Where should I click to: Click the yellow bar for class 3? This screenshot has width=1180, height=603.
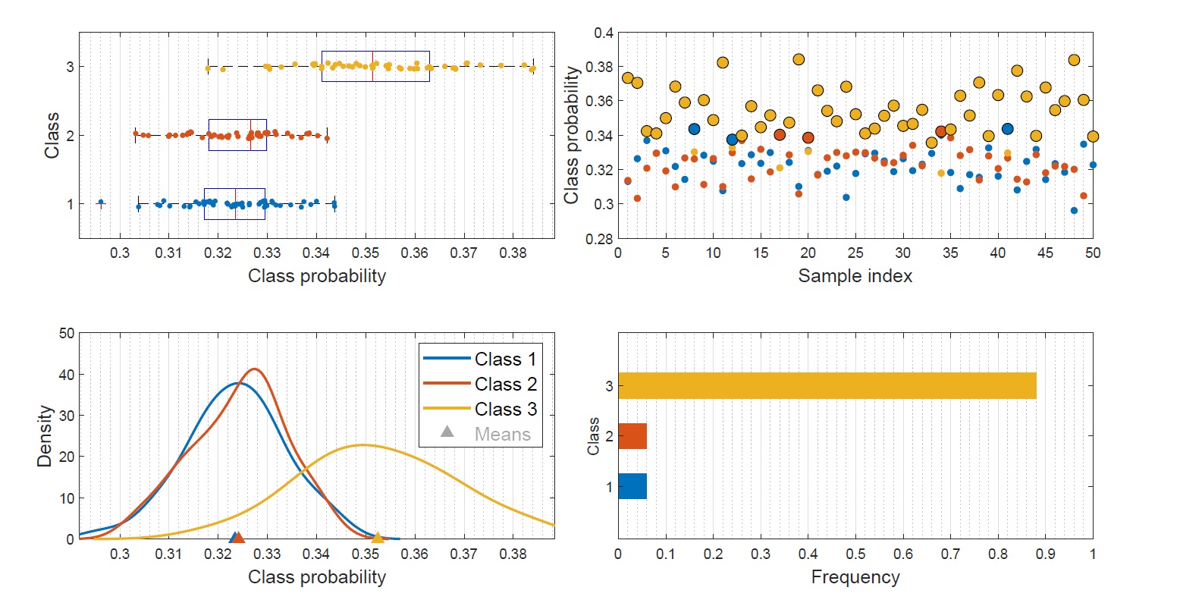pyautogui.click(x=827, y=385)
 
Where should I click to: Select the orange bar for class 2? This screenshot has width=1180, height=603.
pyautogui.click(x=632, y=436)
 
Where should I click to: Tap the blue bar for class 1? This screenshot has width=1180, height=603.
pyautogui.click(x=632, y=486)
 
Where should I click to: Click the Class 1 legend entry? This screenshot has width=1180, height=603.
pyautogui.click(x=504, y=359)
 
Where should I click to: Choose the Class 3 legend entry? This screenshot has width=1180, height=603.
pyautogui.click(x=504, y=409)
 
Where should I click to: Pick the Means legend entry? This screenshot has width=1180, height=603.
pyautogui.click(x=502, y=434)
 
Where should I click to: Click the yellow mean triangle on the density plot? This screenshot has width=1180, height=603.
pyautogui.click(x=378, y=538)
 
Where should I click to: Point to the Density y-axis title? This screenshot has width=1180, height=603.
pyautogui.click(x=46, y=435)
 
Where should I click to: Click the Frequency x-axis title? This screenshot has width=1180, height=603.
pyautogui.click(x=855, y=577)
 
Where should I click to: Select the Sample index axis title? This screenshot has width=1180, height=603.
pyautogui.click(x=855, y=275)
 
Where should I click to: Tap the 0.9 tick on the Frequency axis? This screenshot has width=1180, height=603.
pyautogui.click(x=1045, y=554)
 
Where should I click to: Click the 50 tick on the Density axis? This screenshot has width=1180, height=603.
pyautogui.click(x=67, y=333)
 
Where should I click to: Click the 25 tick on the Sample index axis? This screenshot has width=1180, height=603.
pyautogui.click(x=855, y=253)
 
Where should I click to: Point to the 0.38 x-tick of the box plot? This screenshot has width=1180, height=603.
pyautogui.click(x=513, y=253)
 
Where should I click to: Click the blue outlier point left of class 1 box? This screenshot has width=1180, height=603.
pyautogui.click(x=101, y=203)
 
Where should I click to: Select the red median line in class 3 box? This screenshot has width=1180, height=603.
pyautogui.click(x=372, y=66)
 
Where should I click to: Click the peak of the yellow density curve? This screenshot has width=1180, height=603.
pyautogui.click(x=362, y=444)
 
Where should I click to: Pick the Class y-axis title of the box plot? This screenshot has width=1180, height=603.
pyautogui.click(x=52, y=135)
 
